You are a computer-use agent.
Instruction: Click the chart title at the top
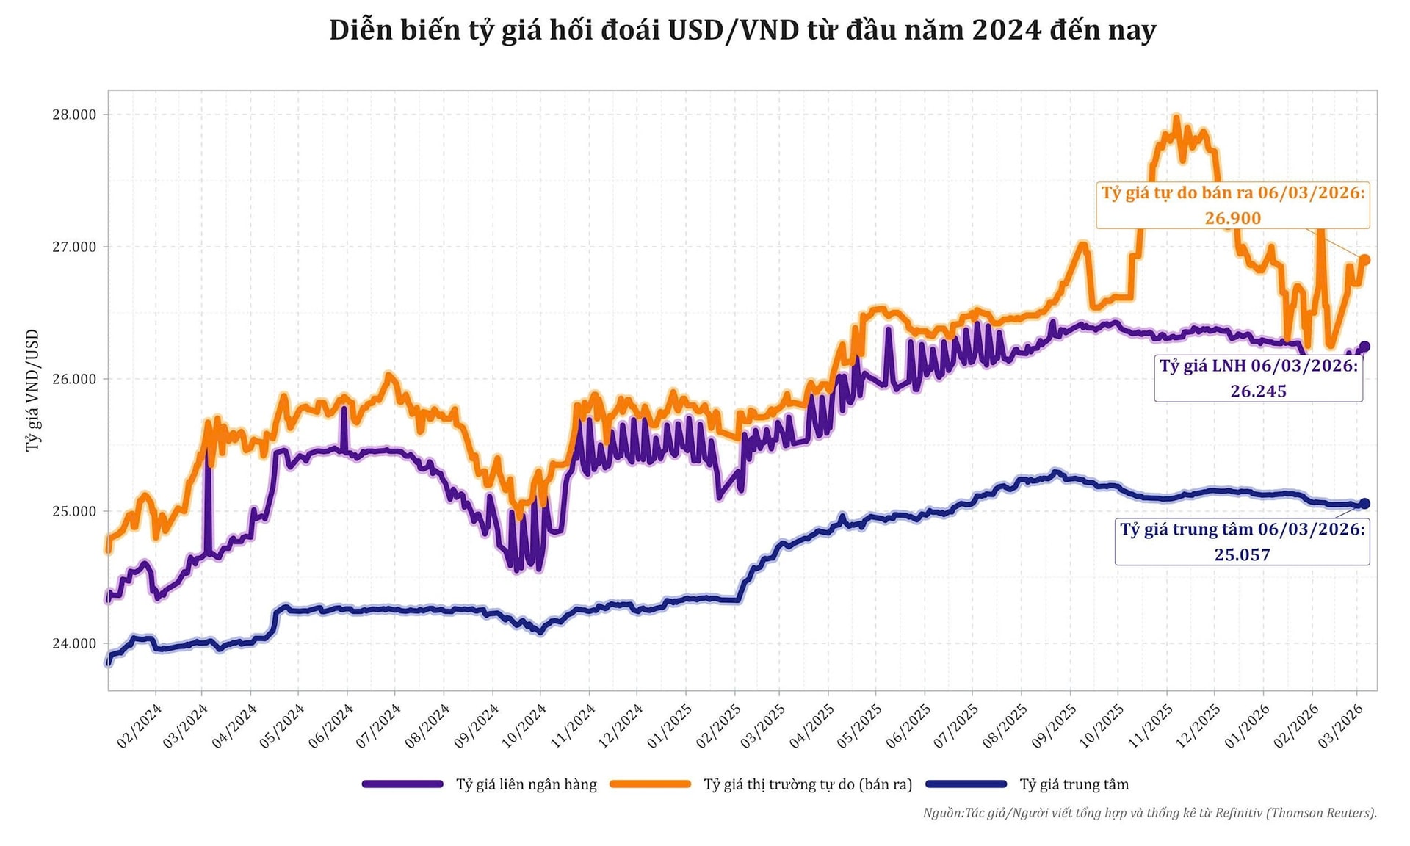click(742, 31)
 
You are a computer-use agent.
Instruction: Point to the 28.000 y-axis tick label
click(74, 115)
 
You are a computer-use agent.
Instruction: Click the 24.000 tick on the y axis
click(74, 644)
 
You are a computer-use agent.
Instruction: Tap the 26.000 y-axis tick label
click(74, 379)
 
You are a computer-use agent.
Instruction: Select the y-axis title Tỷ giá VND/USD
click(32, 390)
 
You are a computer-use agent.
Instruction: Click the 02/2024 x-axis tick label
click(140, 725)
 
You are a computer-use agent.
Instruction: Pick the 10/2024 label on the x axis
click(524, 725)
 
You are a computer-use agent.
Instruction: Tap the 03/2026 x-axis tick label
click(1341, 725)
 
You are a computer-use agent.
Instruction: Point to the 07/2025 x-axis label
click(956, 725)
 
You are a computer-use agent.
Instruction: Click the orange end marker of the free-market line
click(1364, 260)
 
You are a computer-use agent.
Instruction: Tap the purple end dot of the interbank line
click(1364, 347)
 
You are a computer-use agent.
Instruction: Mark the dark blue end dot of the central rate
click(1364, 504)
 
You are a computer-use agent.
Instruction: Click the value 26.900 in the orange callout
click(1233, 218)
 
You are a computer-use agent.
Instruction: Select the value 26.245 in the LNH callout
click(1259, 391)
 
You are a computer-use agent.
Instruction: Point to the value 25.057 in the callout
click(1243, 554)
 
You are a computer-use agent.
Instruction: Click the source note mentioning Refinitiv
click(1150, 813)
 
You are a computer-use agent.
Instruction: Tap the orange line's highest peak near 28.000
click(1176, 117)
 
